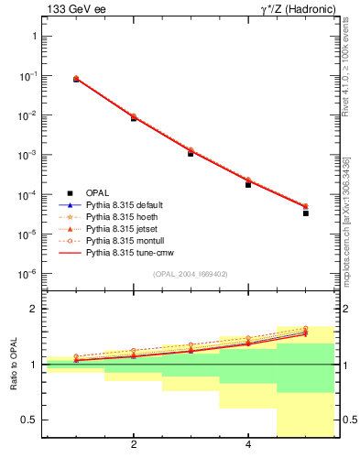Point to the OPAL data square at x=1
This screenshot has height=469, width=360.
76,80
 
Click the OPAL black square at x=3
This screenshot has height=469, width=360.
191,153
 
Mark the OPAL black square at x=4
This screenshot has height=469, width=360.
248,184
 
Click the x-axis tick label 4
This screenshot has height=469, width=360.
248,445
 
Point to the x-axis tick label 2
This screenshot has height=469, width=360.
134,445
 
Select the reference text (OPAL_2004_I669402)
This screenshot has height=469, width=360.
191,274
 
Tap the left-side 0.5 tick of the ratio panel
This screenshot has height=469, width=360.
29,420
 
